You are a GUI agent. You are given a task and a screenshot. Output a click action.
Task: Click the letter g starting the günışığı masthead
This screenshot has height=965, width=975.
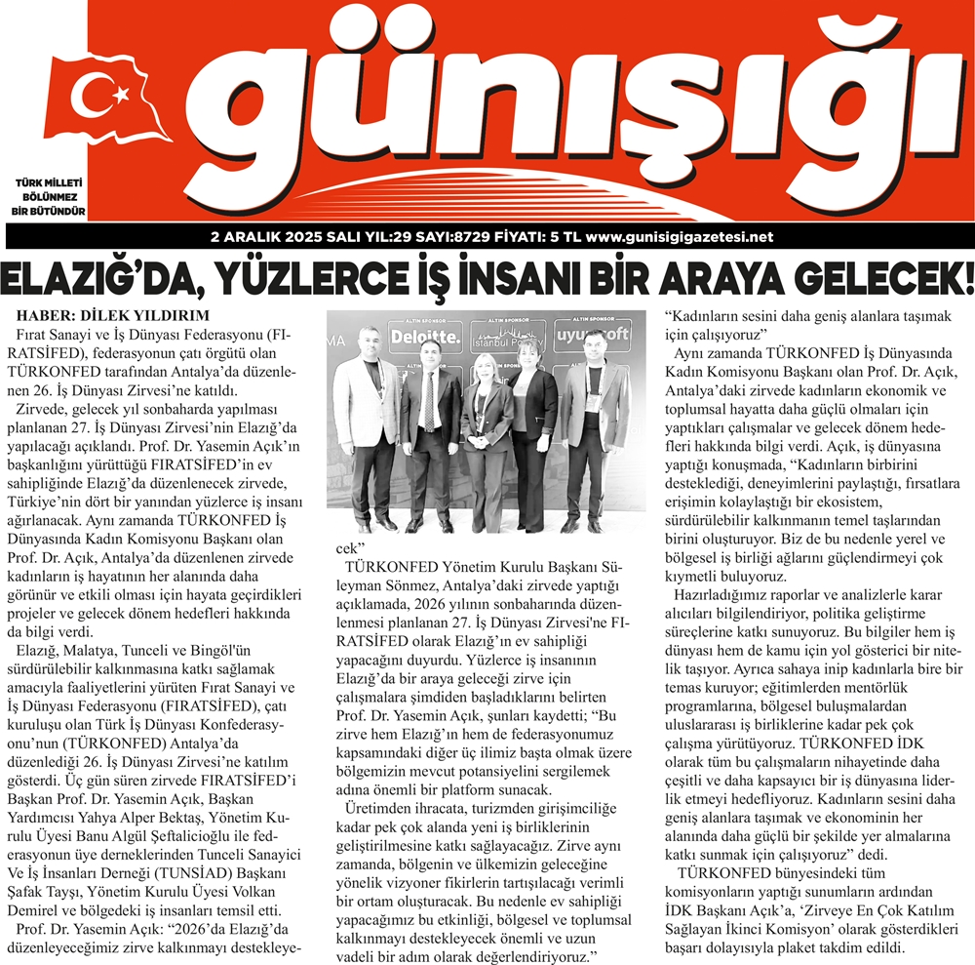[255, 107]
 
